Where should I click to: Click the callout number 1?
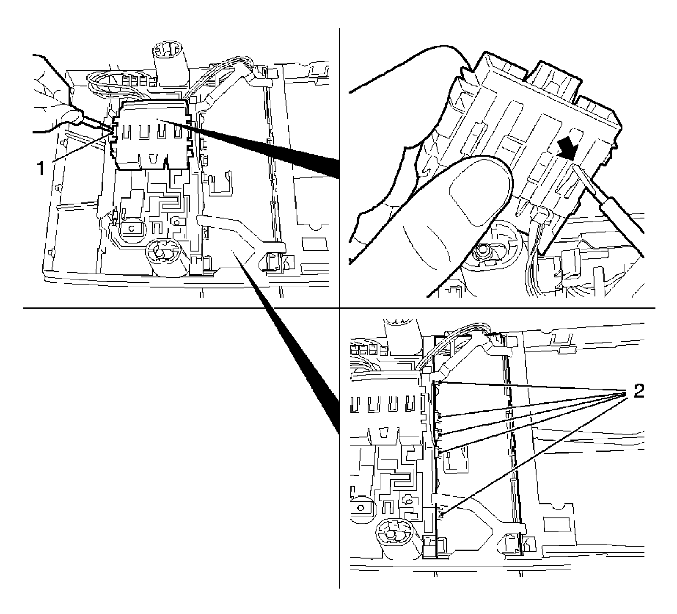point(41,169)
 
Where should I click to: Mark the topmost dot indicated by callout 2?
point(440,382)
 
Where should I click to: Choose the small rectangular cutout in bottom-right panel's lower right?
point(554,525)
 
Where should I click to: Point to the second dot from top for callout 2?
point(440,417)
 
